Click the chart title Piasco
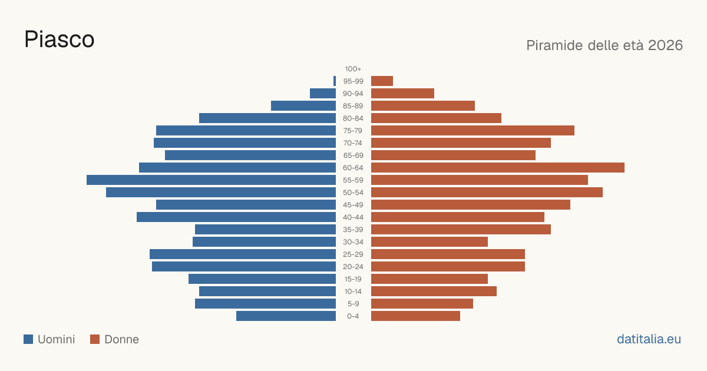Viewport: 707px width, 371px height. click(60, 39)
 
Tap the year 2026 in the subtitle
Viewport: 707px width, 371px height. click(665, 45)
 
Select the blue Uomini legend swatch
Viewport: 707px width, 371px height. click(28, 339)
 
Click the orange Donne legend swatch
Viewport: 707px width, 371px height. click(95, 339)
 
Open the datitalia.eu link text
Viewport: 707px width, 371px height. click(649, 339)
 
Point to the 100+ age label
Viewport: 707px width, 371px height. click(353, 69)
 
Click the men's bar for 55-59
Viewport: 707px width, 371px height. click(211, 180)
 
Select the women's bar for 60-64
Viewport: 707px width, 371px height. click(498, 167)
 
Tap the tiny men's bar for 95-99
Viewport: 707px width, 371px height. click(335, 81)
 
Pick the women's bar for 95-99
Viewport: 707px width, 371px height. click(382, 81)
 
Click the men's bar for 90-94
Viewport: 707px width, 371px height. click(323, 94)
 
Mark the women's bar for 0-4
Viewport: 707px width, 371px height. click(416, 316)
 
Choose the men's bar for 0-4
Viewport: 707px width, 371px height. click(286, 316)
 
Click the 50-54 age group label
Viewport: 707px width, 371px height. click(353, 193)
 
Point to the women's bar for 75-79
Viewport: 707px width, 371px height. click(473, 131)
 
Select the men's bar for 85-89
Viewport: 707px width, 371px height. click(303, 105)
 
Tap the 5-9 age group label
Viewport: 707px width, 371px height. click(353, 304)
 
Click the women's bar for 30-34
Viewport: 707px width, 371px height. click(430, 242)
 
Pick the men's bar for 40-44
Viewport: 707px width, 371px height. click(236, 217)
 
